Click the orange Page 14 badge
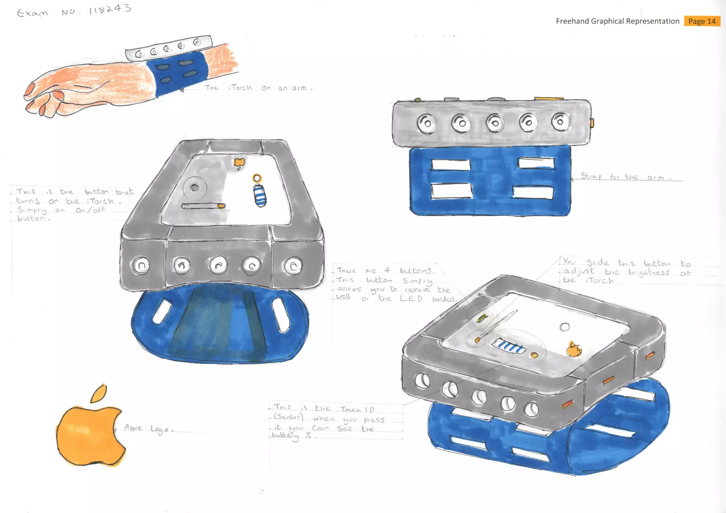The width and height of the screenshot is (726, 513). pos(702,21)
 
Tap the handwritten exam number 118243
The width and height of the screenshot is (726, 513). pos(110,9)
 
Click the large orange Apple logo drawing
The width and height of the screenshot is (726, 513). pos(89,434)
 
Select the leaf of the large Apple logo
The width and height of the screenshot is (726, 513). pos(99,394)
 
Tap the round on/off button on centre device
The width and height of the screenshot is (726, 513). pos(194,188)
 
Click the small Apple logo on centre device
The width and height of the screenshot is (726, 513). pos(239,162)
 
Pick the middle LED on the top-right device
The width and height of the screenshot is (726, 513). pos(495,123)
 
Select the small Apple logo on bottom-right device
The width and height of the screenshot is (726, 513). pos(574,350)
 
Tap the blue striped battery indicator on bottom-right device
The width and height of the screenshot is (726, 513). pos(509,346)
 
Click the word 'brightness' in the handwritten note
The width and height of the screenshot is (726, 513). pos(648,273)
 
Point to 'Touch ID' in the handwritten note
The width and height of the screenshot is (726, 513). pos(357,409)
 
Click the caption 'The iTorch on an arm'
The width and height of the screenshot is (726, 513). pos(259,88)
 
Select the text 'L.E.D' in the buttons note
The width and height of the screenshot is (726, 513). pos(411,299)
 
